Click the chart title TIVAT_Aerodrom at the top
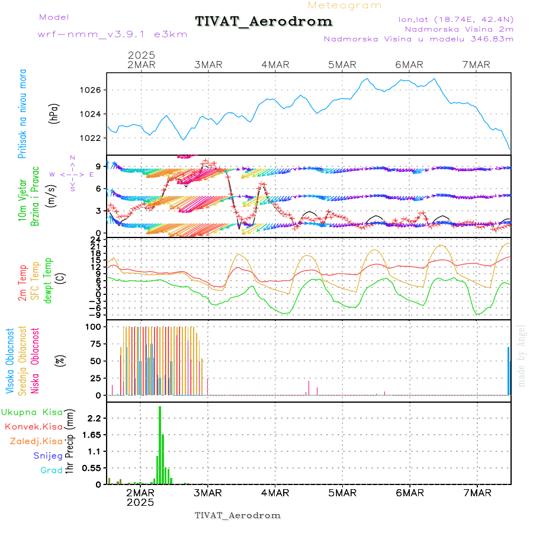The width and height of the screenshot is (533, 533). click(x=264, y=22)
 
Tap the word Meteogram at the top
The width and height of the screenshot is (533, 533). click(x=345, y=5)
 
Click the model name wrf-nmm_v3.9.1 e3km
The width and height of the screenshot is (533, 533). click(x=113, y=34)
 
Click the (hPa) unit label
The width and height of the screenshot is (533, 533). click(x=54, y=114)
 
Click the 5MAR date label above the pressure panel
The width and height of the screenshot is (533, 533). click(x=342, y=65)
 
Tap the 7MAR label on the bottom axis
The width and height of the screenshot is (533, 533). click(x=477, y=493)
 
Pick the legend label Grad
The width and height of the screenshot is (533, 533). click(x=52, y=470)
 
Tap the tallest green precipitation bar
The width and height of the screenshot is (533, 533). click(x=160, y=444)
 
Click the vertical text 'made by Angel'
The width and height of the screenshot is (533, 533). click(x=522, y=355)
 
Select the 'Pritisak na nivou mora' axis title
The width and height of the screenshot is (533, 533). click(x=23, y=114)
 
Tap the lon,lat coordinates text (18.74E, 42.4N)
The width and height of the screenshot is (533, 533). click(x=455, y=20)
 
